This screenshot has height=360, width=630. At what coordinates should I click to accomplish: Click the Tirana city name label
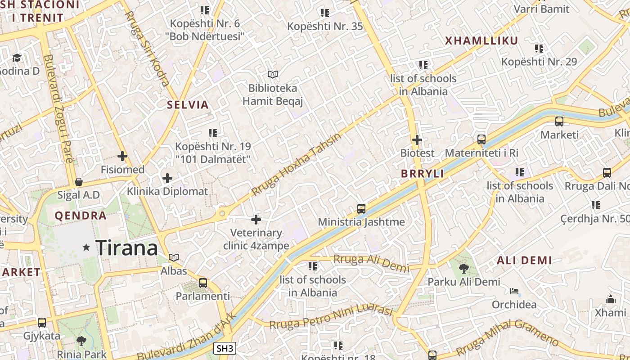[x=126, y=247]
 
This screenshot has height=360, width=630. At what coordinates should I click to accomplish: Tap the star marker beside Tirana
[x=86, y=247]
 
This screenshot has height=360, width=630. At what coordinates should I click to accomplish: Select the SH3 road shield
[x=225, y=348]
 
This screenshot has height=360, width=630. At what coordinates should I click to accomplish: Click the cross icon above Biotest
[x=417, y=140]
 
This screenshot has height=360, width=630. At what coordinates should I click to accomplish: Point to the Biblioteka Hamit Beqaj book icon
[x=272, y=74]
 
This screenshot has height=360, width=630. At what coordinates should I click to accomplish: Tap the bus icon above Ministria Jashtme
[x=361, y=208]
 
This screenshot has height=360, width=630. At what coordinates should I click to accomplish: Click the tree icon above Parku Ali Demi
[x=463, y=269]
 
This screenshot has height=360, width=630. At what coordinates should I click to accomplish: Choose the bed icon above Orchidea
[x=514, y=291]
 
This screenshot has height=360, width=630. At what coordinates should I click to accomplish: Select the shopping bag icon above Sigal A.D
[x=79, y=182]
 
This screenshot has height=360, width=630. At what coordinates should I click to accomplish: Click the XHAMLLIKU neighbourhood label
[x=481, y=41]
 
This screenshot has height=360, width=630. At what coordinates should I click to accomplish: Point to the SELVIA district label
[x=188, y=105]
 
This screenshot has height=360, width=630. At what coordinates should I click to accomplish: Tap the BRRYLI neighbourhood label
[x=423, y=174]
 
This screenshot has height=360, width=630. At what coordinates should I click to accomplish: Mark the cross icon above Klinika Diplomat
[x=167, y=178]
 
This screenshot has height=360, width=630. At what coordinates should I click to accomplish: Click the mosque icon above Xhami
[x=610, y=299]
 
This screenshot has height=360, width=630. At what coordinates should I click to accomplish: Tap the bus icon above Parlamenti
[x=203, y=283]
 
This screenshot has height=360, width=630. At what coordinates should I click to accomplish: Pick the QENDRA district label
[x=81, y=216]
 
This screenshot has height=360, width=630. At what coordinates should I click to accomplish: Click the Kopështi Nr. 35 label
[x=325, y=26]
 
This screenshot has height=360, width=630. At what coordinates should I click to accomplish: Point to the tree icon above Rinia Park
[x=81, y=341]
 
